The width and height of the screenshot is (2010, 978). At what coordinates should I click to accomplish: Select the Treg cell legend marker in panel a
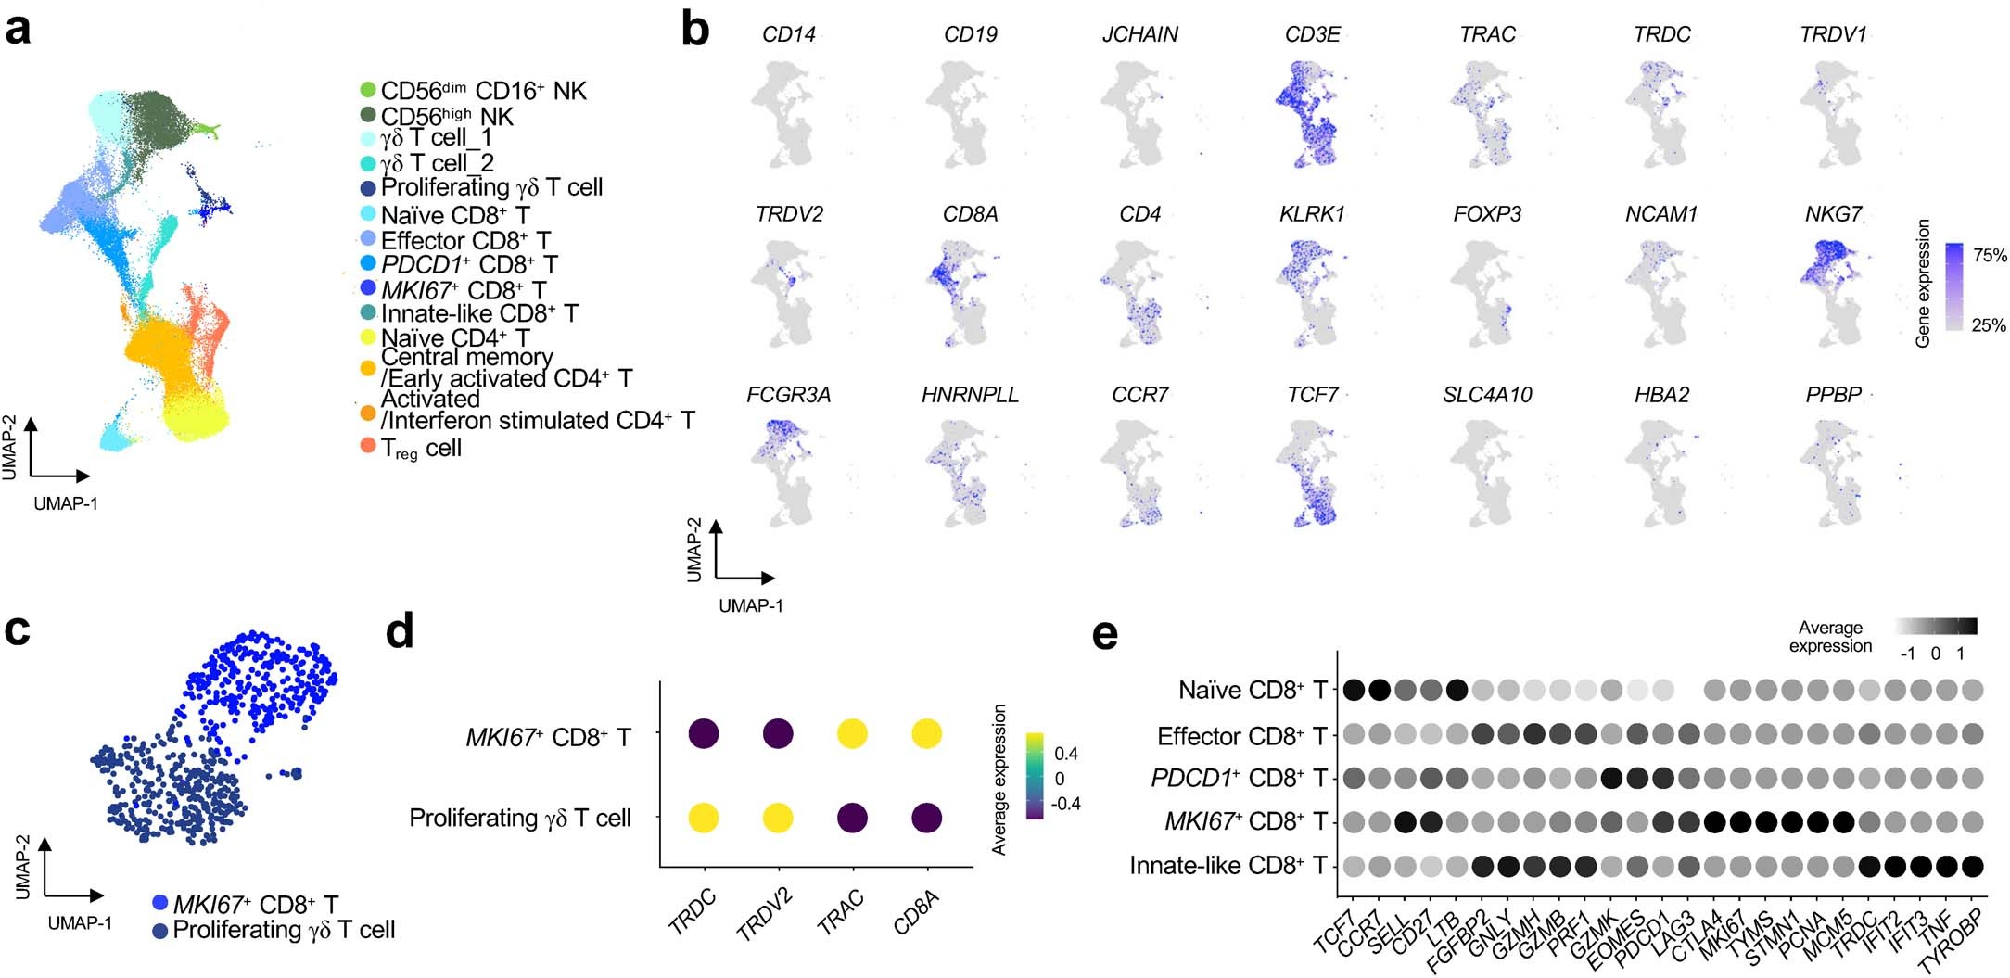pos(368,447)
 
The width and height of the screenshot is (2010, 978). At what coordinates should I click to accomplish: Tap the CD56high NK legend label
pos(446,116)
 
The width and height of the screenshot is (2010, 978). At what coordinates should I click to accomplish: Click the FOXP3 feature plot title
pos(1486,214)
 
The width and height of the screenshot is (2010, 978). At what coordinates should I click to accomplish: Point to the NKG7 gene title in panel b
pos(1832,214)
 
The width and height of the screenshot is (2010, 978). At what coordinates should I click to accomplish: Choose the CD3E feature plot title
pos(1312,34)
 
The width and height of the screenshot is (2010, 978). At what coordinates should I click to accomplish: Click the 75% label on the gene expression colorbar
pos(1990,256)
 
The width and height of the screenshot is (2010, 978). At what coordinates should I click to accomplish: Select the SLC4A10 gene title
pos(1486,395)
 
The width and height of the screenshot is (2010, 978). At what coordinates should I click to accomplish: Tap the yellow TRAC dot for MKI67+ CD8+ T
pos(852,734)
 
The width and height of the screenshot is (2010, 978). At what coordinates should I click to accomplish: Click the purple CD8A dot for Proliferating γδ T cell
pos(925,819)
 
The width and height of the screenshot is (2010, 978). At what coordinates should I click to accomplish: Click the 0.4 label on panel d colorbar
pos(1066,754)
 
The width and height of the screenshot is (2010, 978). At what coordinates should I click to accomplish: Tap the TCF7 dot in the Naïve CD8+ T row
pos(1354,690)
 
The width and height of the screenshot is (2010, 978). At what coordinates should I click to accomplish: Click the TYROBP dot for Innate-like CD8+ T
pos(1971,866)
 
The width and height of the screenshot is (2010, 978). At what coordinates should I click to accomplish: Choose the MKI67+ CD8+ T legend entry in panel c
pos(255,904)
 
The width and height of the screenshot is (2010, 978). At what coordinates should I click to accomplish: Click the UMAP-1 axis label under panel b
pos(750,605)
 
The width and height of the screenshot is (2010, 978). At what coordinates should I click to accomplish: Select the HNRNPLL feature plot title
pos(969,395)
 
